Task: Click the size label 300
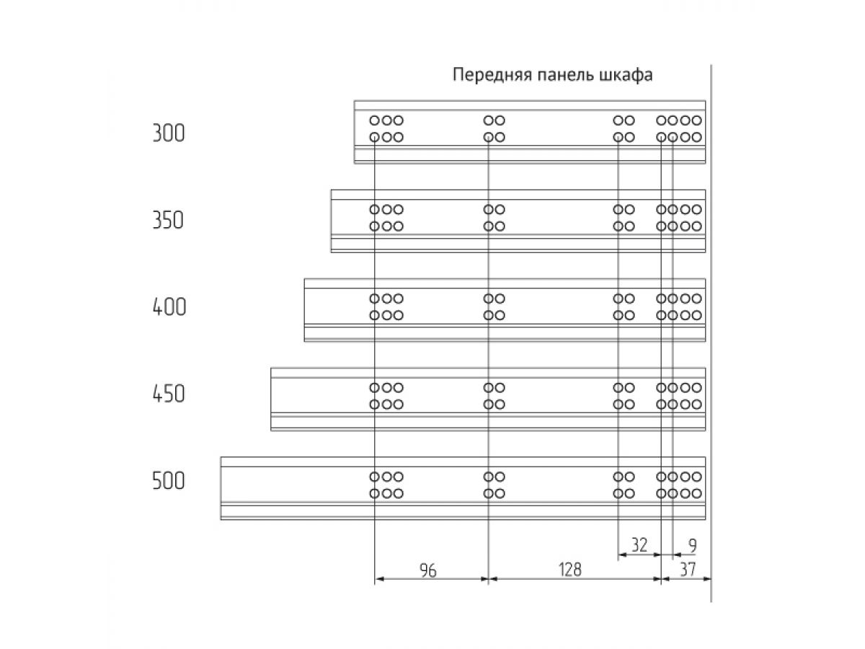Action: coord(168,133)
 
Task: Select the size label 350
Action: coord(168,220)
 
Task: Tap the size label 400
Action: coord(169,307)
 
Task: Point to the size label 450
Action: coord(168,394)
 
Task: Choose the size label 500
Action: coord(168,481)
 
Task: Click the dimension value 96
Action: coord(428,570)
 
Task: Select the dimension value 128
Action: coord(570,570)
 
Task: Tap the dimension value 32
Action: coord(639,545)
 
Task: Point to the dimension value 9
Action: coord(693,546)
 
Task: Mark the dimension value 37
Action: coord(688,570)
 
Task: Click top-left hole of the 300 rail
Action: coord(374,120)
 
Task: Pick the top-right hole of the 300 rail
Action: coord(697,120)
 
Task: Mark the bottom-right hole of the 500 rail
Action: coord(697,493)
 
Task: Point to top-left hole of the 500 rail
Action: coord(374,477)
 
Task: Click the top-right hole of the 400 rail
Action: coord(697,299)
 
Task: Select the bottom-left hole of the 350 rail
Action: coord(374,226)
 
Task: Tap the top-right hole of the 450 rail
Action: coord(697,388)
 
